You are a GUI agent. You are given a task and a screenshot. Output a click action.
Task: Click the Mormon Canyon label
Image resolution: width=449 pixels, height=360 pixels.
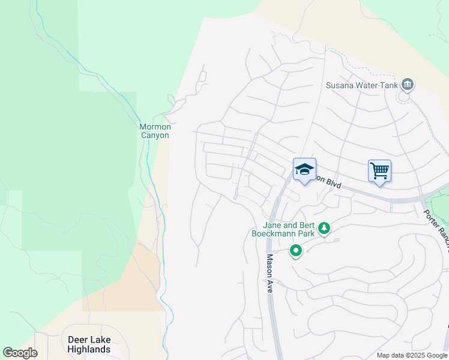coord(155,131)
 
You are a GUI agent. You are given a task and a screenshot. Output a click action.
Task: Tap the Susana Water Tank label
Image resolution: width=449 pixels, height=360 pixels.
coord(361,85)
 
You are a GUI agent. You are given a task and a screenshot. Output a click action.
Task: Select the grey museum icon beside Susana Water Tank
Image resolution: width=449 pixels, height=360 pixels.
coord(408,84)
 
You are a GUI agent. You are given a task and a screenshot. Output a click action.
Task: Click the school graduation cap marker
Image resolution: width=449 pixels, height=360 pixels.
coord(304,170)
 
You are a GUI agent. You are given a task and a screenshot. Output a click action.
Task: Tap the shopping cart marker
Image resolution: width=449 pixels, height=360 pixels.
coord(379,171)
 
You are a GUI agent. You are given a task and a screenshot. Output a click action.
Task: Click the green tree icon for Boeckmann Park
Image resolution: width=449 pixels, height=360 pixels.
coord(324,228)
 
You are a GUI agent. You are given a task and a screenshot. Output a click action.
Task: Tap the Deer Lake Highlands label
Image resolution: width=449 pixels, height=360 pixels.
coord(89,344)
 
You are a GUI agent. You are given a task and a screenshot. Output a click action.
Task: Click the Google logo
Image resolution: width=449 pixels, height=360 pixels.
coord(20,353)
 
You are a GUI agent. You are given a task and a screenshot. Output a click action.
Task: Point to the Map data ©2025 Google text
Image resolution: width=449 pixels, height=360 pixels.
coord(412,355)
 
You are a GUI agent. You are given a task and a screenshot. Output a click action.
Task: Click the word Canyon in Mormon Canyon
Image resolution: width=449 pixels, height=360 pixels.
coord(155,135)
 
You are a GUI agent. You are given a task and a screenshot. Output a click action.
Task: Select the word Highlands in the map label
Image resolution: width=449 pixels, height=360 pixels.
coord(89,349)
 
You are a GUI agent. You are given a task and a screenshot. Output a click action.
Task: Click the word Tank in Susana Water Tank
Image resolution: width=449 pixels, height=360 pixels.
coord(388,85)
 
